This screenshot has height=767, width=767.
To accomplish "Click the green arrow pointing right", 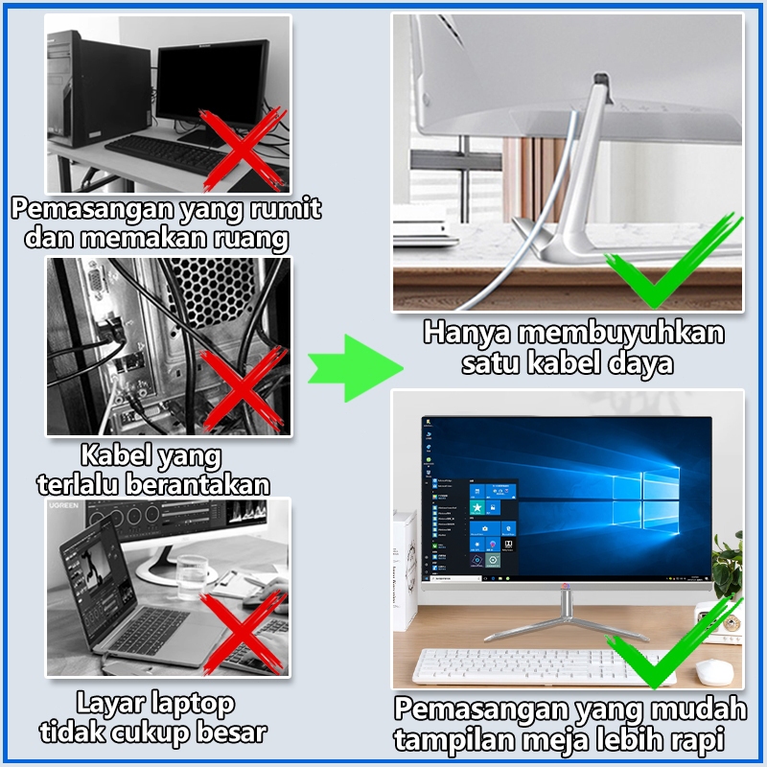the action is tap(355, 368).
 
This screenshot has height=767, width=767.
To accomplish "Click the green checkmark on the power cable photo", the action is tap(673, 260).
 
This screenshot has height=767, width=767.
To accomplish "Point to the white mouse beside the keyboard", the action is tap(714, 672).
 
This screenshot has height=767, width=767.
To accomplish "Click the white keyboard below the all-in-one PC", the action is tap(543, 666).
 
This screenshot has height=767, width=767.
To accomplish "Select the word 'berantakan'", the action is tap(198, 484).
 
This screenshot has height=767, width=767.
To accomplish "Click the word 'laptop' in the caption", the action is tap(194, 705).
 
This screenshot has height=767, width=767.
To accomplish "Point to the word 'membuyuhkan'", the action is tap(621, 333).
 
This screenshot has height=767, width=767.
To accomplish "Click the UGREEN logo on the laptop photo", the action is tap(63, 505).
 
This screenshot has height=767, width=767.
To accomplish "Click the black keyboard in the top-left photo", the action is tap(166, 153).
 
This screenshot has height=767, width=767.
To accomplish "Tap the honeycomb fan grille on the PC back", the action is tap(214, 291).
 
